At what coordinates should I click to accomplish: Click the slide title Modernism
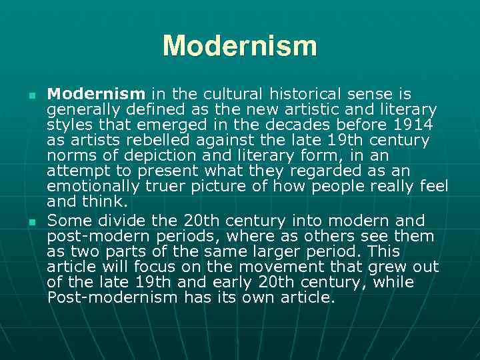[240, 46]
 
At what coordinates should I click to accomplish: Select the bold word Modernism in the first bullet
[96, 93]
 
